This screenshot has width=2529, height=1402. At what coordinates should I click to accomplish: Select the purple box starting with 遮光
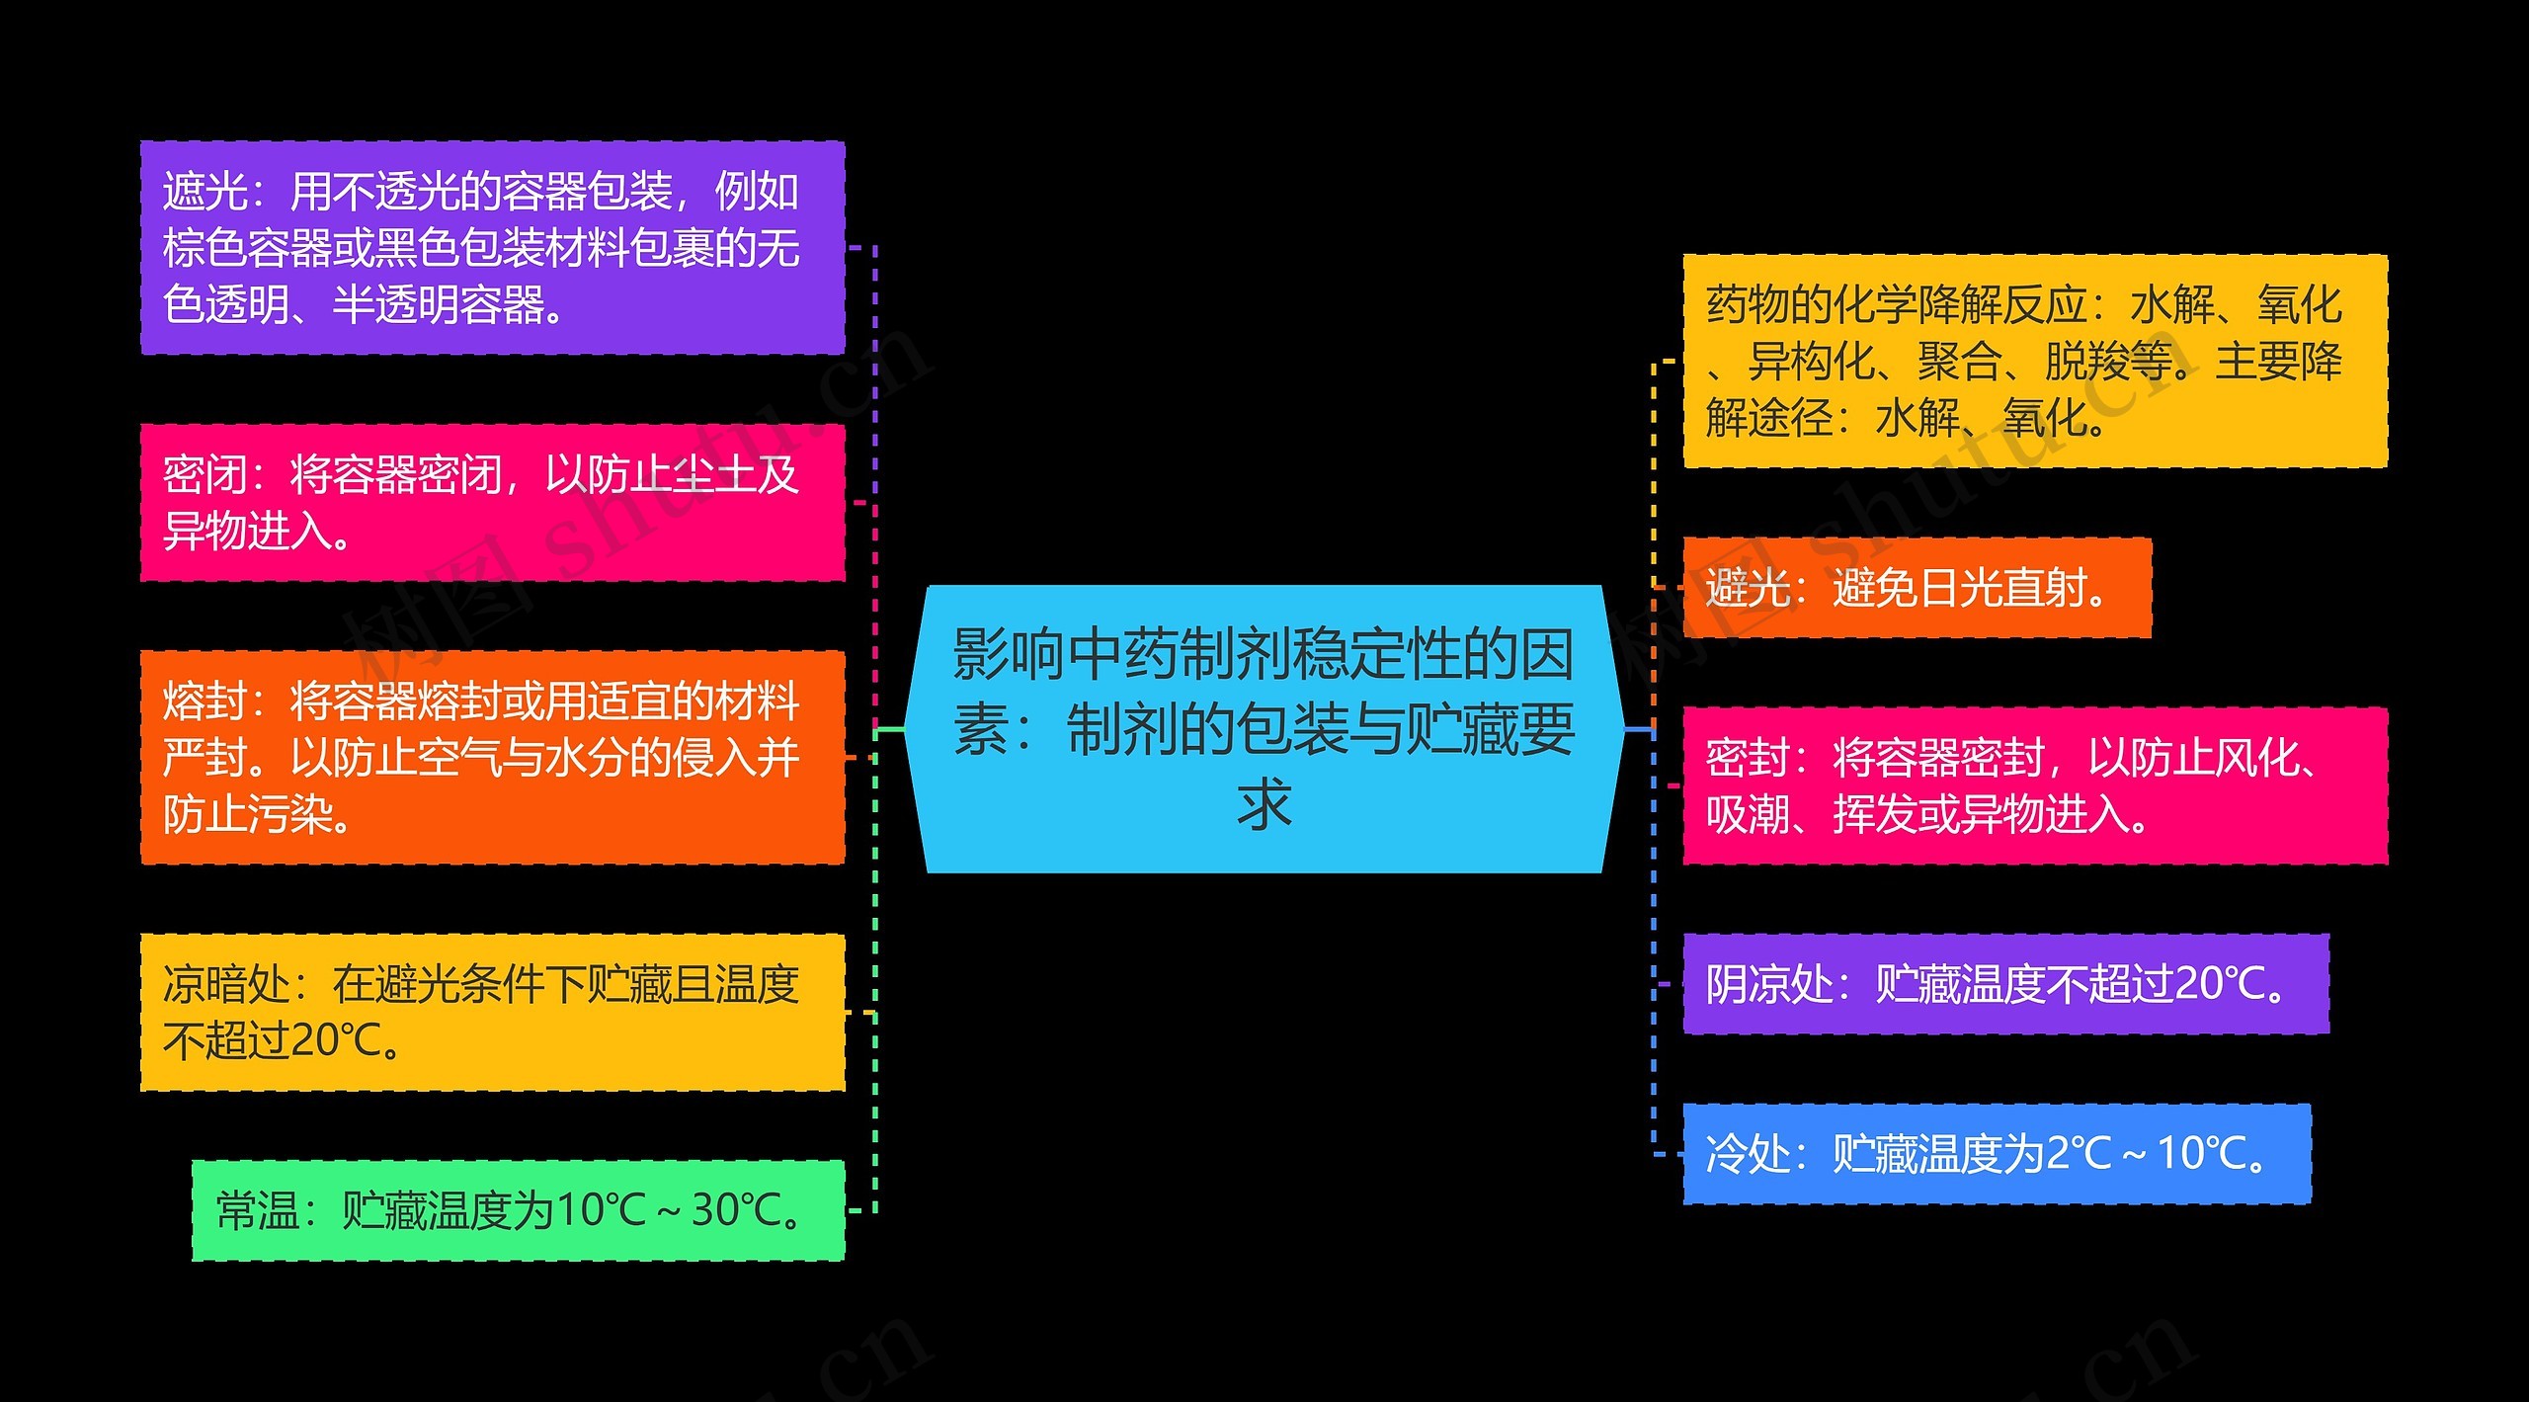click(x=492, y=247)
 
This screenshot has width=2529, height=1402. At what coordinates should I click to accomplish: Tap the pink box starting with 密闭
click(x=492, y=503)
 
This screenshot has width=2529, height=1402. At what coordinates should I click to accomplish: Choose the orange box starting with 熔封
click(x=492, y=757)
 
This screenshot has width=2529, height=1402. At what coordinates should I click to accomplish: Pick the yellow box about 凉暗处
click(x=492, y=1012)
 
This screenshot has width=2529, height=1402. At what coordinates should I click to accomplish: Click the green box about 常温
click(x=518, y=1210)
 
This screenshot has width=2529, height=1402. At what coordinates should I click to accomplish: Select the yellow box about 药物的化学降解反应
click(x=2035, y=361)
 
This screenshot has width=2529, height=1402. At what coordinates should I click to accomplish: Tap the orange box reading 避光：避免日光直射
click(x=1917, y=588)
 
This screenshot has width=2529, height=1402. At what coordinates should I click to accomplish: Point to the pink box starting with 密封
click(x=2035, y=785)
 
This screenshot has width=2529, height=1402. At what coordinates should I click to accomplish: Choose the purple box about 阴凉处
click(x=2005, y=984)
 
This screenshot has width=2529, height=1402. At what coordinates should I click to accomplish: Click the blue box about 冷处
click(x=1997, y=1153)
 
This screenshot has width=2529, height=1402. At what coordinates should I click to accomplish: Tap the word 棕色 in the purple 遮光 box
click(x=204, y=248)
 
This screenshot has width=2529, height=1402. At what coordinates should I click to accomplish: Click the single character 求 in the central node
click(x=1264, y=805)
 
